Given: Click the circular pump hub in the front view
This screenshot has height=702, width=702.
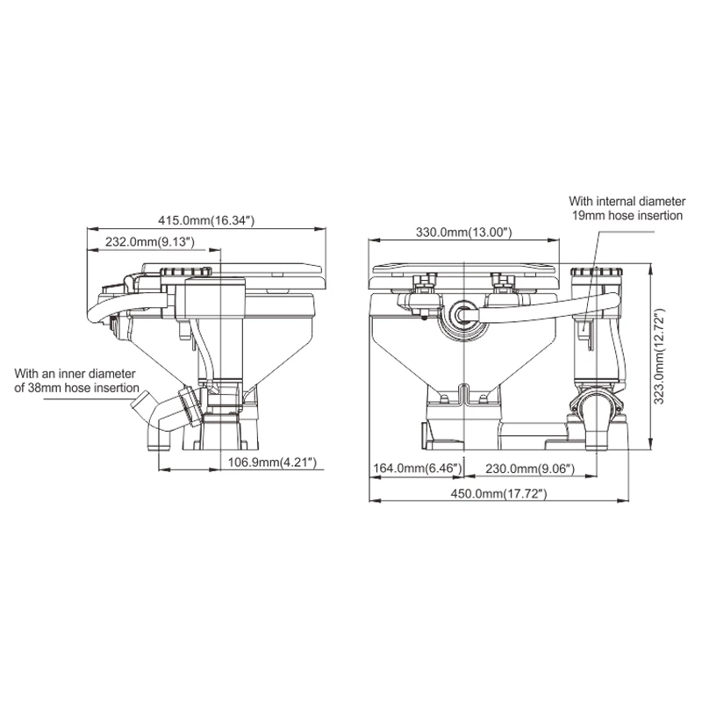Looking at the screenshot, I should point(462,315).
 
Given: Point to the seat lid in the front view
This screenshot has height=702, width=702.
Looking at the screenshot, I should point(462,268).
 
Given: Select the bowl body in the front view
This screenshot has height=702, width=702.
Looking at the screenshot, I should point(462,360).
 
